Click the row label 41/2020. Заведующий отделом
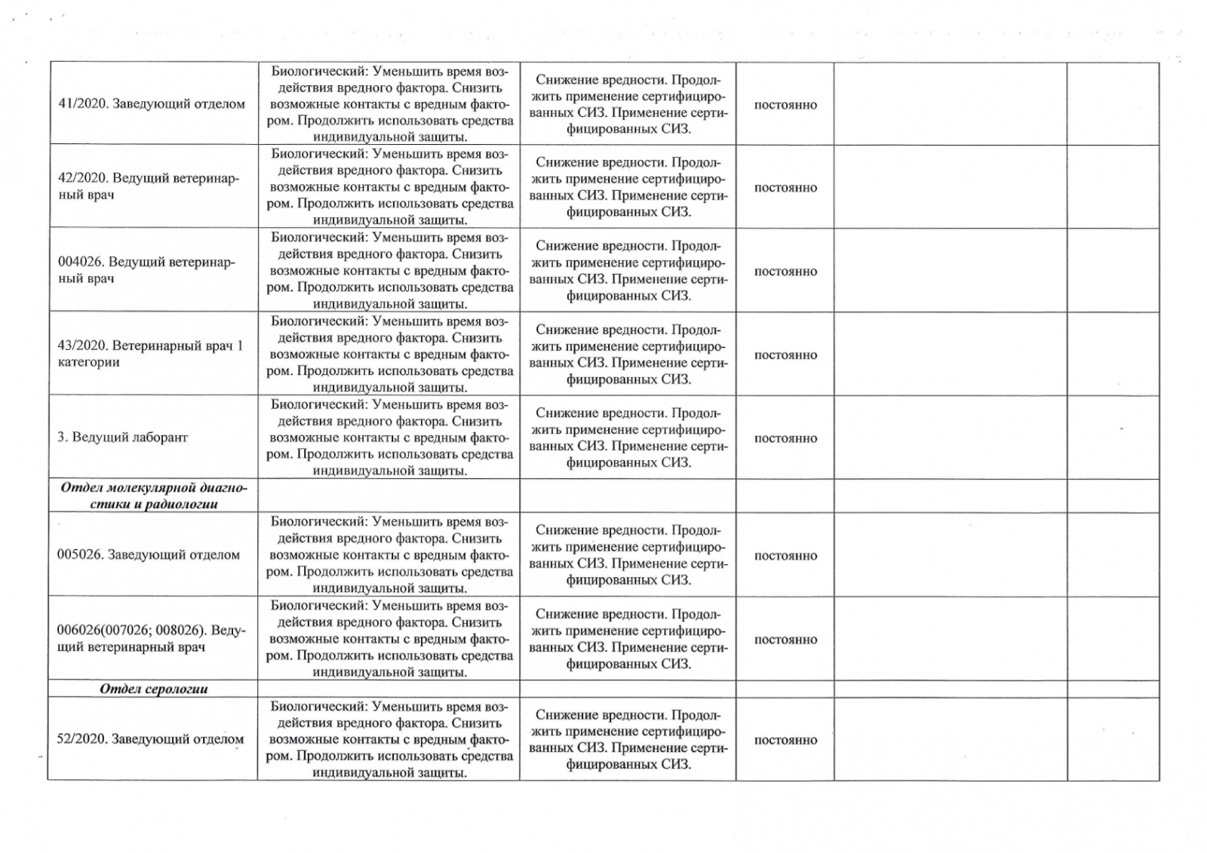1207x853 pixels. point(152,104)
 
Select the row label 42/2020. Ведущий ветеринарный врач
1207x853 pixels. point(148,186)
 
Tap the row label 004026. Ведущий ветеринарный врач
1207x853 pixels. point(146,270)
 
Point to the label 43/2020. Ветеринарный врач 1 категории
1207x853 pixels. point(150,354)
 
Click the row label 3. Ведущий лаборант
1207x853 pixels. point(122,437)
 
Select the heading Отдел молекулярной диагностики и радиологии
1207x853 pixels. point(154,496)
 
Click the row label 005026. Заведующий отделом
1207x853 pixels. point(149,555)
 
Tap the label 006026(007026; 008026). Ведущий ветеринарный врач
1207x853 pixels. point(151,639)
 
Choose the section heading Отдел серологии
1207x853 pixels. point(154,689)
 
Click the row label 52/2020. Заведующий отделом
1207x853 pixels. point(150,739)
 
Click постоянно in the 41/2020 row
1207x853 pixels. point(785,105)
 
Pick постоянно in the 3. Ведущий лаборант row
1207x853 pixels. point(785,438)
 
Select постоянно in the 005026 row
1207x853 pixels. point(785,556)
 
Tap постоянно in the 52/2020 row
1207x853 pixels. point(785,740)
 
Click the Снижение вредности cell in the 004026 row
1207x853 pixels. point(628,271)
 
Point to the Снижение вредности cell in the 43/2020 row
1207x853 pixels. point(628,354)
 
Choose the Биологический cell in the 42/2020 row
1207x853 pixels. point(390,187)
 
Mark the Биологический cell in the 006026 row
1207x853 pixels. point(390,639)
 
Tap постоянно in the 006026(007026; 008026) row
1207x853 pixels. point(785,640)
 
